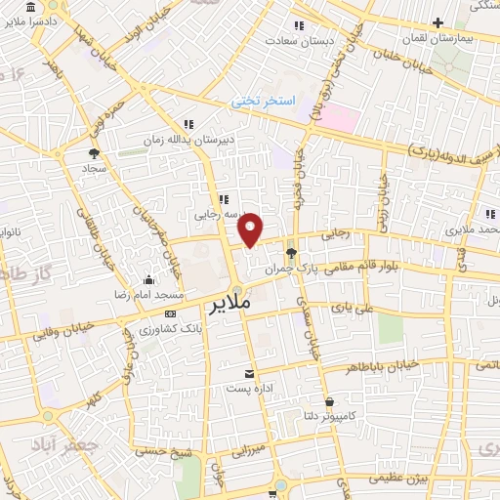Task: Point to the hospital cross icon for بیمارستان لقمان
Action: click(438, 22)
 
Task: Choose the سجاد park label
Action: click(94, 168)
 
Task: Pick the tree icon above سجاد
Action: click(94, 153)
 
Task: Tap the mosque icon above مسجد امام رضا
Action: click(146, 280)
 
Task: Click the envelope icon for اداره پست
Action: click(249, 374)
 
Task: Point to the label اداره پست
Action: click(249, 388)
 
